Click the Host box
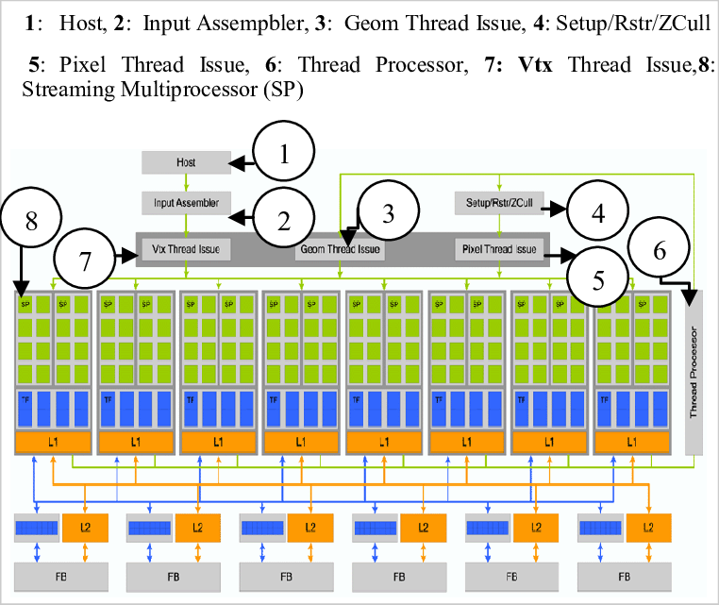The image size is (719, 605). (186, 162)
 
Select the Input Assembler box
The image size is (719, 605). (186, 202)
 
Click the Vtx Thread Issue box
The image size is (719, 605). (186, 250)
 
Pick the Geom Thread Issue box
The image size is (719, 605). (341, 250)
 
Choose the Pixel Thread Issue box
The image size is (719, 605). (499, 250)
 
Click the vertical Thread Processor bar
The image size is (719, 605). (695, 374)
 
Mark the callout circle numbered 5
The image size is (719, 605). (598, 279)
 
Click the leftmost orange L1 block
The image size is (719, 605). (53, 442)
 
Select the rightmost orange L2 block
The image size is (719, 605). (646, 529)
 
